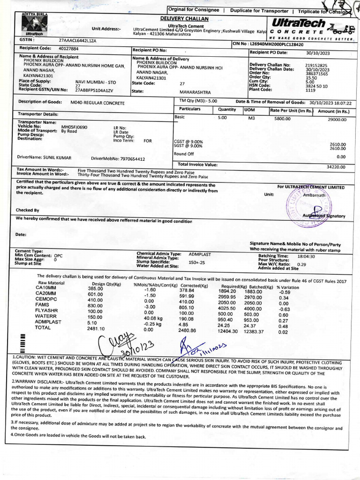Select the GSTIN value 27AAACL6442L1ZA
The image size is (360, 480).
coord(77,41)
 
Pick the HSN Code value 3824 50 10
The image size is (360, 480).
coord(316,86)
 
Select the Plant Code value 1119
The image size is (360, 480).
coord(310,90)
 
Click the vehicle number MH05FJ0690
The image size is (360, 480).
coord(74,127)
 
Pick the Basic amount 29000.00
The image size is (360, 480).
coord(337,120)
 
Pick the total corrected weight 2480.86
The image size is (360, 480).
coord(187,330)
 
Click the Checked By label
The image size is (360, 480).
coord(28,210)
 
